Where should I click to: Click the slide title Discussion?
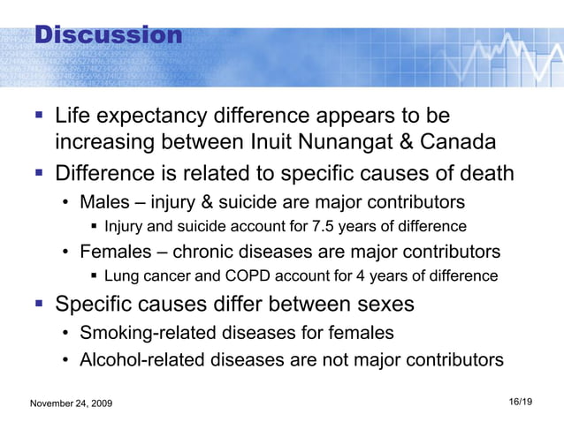pos(108,35)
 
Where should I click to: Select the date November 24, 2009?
pos(78,403)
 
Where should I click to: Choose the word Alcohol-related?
pos(137,359)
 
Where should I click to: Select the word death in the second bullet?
pos(484,172)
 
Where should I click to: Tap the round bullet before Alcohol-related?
pos(66,360)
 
